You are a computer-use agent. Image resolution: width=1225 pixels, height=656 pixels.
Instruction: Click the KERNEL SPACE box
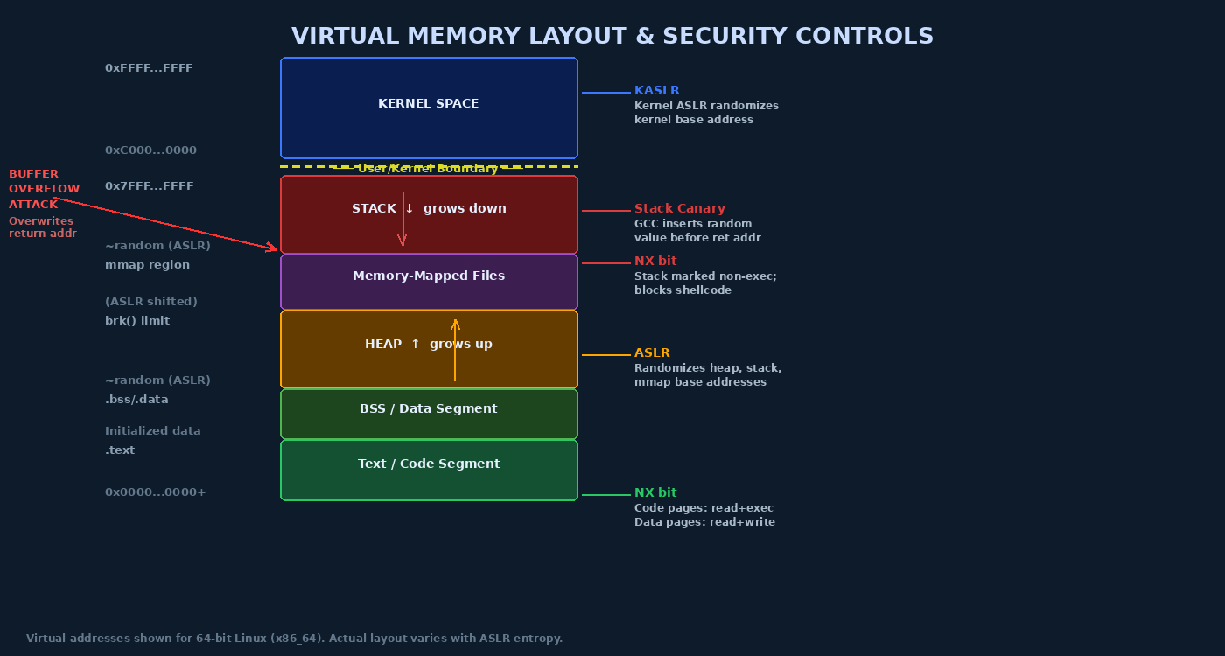[429, 108]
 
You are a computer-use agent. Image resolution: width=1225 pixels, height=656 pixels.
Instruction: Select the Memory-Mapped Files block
[429, 281]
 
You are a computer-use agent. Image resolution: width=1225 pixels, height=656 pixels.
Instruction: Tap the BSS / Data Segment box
[429, 413]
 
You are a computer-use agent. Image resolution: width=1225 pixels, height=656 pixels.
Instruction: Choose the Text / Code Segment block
[429, 470]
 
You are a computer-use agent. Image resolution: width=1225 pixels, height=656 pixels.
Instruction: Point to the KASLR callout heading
[656, 91]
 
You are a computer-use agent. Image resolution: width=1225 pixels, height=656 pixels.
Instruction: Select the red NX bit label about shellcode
[654, 262]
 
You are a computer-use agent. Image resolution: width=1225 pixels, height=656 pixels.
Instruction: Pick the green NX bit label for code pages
[654, 493]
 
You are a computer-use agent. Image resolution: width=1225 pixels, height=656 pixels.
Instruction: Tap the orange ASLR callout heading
[652, 353]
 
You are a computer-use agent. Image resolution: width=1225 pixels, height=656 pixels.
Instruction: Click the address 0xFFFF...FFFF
[149, 68]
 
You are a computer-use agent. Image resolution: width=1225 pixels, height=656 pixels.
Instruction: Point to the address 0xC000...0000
[150, 150]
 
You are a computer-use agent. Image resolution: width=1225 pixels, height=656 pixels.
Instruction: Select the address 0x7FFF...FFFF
[149, 186]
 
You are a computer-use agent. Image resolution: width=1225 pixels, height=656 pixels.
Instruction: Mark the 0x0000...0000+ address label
[155, 492]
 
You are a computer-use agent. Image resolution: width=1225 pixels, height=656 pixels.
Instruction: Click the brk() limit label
[137, 321]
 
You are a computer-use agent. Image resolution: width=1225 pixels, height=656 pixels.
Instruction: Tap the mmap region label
[147, 265]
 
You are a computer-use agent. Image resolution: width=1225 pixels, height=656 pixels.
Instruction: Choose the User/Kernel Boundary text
[427, 169]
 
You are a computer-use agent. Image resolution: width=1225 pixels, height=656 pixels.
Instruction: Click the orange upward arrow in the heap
[455, 350]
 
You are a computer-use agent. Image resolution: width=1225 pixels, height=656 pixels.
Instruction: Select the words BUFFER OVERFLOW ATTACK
[44, 189]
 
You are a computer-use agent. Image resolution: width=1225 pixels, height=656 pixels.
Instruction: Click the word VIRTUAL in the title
[345, 37]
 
